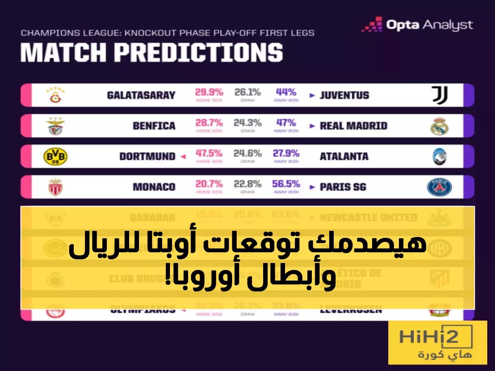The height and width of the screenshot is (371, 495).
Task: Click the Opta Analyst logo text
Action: click(x=429, y=25)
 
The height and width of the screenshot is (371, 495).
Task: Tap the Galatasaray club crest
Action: click(x=55, y=95)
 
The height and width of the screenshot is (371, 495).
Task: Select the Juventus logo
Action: click(x=439, y=95)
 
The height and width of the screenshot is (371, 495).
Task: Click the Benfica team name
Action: click(x=154, y=126)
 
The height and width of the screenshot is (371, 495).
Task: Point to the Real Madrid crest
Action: click(x=439, y=126)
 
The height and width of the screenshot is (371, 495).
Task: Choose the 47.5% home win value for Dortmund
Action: click(x=209, y=153)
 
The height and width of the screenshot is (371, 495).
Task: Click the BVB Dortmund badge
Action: click(x=55, y=157)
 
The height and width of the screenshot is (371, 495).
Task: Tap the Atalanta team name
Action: click(x=344, y=157)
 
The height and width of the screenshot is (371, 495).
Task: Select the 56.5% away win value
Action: click(x=286, y=184)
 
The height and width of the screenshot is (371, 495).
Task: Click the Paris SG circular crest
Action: click(x=439, y=187)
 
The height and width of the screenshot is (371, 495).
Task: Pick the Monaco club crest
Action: click(x=55, y=187)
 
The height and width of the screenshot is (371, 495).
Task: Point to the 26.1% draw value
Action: click(x=247, y=92)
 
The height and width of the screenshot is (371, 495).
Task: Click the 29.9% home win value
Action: click(x=209, y=92)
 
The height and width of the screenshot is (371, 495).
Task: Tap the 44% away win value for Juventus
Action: click(x=286, y=92)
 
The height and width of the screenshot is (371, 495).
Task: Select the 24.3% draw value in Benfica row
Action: click(x=247, y=123)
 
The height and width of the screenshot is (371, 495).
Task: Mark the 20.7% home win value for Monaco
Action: click(x=209, y=184)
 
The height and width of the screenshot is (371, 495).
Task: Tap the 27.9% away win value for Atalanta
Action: click(x=286, y=153)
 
